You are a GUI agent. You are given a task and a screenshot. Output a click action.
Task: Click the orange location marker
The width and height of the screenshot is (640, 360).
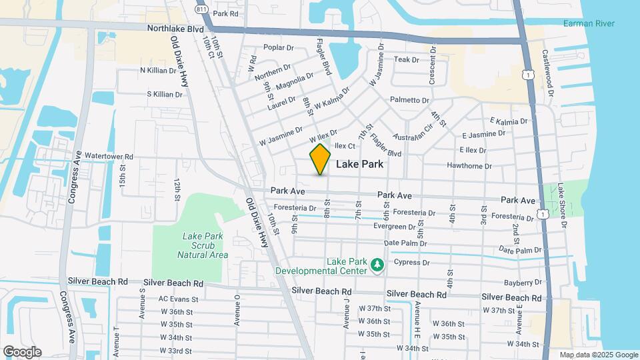[x=321, y=159]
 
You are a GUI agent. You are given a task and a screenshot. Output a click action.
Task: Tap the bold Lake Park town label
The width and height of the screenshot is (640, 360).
[x=359, y=164]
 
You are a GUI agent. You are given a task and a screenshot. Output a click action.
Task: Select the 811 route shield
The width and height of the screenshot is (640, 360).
[x=201, y=9]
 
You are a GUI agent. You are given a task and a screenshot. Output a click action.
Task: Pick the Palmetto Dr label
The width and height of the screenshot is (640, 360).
[x=409, y=100]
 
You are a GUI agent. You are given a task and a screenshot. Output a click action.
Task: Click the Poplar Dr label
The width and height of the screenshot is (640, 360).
[x=279, y=47]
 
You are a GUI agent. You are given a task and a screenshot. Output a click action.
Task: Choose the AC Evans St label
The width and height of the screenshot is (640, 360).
[x=176, y=299]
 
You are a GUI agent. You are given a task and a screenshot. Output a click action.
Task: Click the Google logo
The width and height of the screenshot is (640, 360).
[x=22, y=351]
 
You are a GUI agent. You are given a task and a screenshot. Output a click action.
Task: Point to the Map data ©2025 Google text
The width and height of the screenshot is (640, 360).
[x=598, y=355]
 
